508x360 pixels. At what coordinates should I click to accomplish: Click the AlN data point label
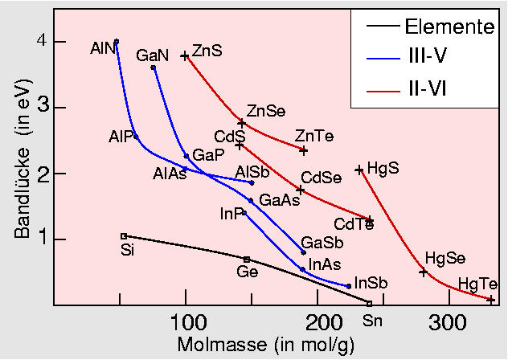pyautogui.click(x=103, y=48)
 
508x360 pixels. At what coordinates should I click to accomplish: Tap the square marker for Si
pyautogui.click(x=124, y=236)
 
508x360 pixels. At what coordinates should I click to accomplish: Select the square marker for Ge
pyautogui.click(x=247, y=259)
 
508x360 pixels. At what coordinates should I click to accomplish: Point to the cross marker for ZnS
pyautogui.click(x=185, y=56)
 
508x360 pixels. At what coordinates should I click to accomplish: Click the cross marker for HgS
pyautogui.click(x=359, y=170)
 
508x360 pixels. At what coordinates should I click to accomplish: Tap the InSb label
pyautogui.click(x=371, y=283)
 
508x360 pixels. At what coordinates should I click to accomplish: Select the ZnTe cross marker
pyautogui.click(x=303, y=150)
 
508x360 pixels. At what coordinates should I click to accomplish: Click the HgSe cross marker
pyautogui.click(x=424, y=272)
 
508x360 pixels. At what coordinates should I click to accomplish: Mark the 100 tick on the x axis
pyautogui.click(x=186, y=322)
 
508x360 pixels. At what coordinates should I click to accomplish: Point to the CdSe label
pyautogui.click(x=321, y=178)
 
